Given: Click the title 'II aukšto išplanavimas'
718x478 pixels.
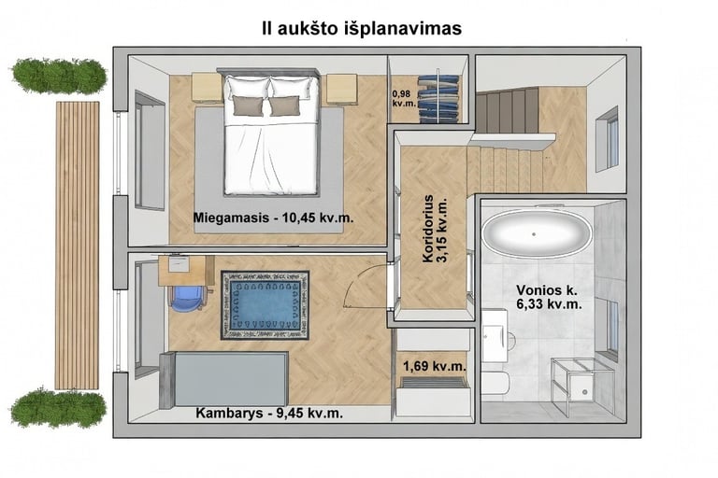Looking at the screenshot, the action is [x=362, y=28].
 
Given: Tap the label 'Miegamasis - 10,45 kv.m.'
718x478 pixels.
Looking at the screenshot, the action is [x=273, y=218].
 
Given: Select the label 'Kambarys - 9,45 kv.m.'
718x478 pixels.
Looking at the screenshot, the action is [x=269, y=413].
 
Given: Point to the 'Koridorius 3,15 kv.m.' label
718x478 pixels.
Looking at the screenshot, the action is [x=436, y=229].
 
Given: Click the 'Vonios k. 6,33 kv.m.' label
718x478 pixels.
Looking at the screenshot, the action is [x=549, y=297].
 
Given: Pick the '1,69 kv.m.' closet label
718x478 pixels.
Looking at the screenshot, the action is [x=435, y=366].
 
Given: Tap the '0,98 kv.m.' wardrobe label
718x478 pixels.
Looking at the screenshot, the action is [x=404, y=98].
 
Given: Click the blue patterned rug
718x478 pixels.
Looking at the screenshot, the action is [x=266, y=305].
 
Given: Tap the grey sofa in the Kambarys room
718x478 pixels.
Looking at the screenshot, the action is [x=224, y=379].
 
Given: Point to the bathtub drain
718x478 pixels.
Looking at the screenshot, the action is [x=534, y=234].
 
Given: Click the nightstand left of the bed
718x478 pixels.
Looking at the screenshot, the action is [x=207, y=89].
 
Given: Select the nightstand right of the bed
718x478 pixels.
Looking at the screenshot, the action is [x=341, y=90].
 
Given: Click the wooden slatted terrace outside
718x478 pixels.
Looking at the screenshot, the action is [x=78, y=246].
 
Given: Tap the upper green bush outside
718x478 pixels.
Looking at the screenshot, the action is [x=59, y=77].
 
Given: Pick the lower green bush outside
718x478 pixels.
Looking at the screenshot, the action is [x=59, y=407].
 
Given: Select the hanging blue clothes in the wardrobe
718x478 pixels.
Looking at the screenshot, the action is [x=438, y=98].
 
